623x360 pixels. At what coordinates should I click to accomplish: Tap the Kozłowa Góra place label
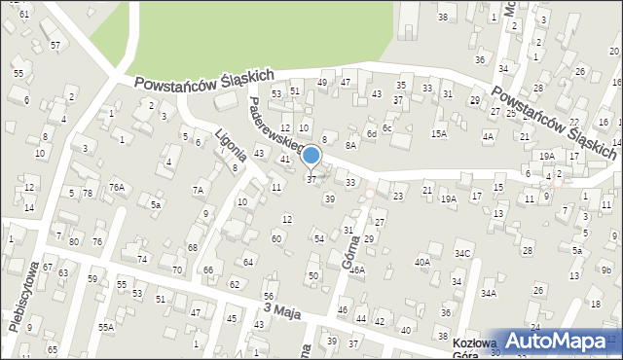click(475, 349)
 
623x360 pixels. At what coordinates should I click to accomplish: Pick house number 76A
click(117, 187)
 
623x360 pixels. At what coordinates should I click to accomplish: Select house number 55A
click(105, 327)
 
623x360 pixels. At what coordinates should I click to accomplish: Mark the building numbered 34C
click(462, 254)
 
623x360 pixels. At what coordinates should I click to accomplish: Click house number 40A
click(422, 262)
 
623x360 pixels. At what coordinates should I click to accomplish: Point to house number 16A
click(357, 270)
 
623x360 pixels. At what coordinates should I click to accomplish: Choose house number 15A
click(439, 133)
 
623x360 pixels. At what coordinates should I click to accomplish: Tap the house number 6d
click(371, 133)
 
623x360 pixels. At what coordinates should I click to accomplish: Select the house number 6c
click(386, 128)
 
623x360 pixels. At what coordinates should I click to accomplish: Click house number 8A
click(351, 144)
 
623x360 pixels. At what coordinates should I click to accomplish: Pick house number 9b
click(605, 270)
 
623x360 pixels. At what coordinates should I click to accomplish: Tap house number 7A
click(198, 190)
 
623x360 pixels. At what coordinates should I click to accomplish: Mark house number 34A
click(488, 293)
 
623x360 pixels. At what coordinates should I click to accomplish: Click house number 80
click(72, 240)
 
